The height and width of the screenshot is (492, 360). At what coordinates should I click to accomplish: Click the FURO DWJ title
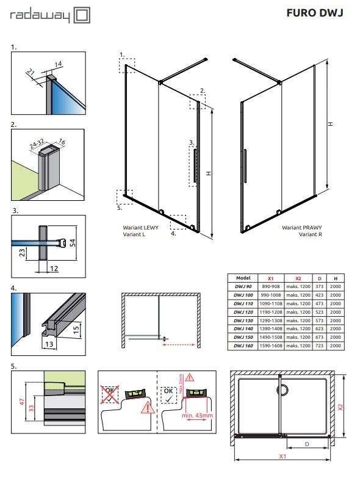315,13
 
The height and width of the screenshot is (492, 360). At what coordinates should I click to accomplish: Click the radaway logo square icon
82,15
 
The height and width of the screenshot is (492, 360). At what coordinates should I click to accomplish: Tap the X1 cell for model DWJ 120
271,312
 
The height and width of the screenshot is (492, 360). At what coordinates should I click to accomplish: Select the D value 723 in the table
319,345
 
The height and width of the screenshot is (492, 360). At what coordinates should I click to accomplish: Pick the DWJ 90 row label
243,286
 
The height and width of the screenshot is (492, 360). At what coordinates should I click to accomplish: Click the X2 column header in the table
298,278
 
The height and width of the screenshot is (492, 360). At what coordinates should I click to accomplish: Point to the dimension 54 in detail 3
73,242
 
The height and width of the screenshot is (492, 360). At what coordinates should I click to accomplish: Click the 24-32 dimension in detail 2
37,143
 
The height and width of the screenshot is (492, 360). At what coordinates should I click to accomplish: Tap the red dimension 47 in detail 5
22,402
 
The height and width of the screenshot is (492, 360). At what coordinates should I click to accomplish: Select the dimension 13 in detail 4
49,344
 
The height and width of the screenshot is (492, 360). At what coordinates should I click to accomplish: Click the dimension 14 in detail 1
59,64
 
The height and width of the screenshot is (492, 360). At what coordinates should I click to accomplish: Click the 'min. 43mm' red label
197,415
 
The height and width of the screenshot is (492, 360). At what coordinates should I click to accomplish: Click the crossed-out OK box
110,394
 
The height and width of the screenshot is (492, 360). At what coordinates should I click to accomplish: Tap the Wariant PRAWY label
301,228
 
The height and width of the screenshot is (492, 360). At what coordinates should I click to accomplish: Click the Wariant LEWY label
140,228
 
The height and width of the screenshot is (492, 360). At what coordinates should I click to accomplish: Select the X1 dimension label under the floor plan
283,456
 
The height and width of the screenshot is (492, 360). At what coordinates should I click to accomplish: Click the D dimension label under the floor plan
307,444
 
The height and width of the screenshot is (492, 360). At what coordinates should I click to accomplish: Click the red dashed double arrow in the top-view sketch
179,344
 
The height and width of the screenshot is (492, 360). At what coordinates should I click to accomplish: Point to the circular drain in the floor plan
283,389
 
